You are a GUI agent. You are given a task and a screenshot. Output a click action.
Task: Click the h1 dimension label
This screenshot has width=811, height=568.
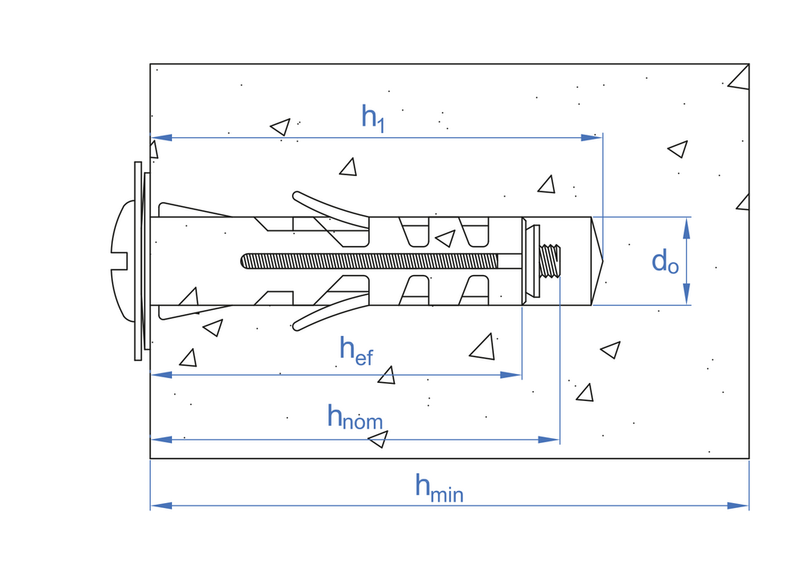click(x=372, y=118)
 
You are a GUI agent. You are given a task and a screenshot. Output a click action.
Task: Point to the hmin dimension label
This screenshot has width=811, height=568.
click(x=439, y=486)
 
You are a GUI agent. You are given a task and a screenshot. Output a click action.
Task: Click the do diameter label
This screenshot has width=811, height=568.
click(x=665, y=261)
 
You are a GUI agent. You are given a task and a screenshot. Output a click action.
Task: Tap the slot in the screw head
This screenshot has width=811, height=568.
click(x=120, y=261)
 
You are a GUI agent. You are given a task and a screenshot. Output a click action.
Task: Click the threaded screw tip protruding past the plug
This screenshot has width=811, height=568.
click(x=551, y=261)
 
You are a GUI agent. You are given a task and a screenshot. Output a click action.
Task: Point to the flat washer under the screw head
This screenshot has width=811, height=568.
click(x=137, y=261)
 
